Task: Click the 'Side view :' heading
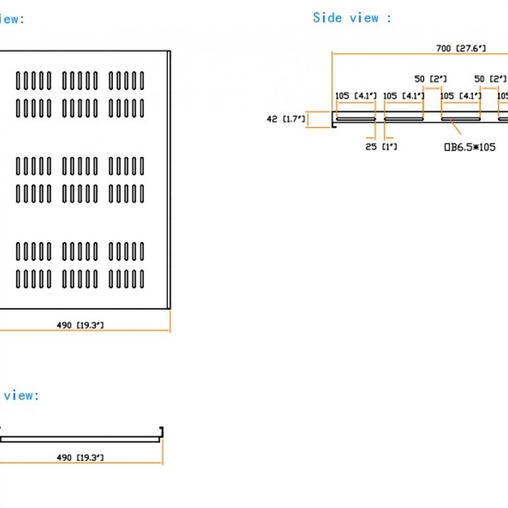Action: (352, 18)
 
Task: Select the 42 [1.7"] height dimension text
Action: (286, 118)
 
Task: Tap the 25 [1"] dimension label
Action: (381, 147)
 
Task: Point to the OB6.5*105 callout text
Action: (470, 147)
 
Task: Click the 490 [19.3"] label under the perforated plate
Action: (80, 325)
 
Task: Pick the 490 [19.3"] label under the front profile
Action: (80, 457)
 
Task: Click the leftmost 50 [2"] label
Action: (431, 79)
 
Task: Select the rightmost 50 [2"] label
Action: (490, 79)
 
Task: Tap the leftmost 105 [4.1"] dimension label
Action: (356, 96)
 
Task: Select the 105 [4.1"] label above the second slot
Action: (403, 96)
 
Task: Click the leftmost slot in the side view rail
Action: (356, 119)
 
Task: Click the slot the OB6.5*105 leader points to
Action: (461, 119)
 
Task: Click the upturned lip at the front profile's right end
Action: (161, 432)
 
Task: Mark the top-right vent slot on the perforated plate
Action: (142, 81)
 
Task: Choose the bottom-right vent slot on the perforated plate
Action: (142, 279)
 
